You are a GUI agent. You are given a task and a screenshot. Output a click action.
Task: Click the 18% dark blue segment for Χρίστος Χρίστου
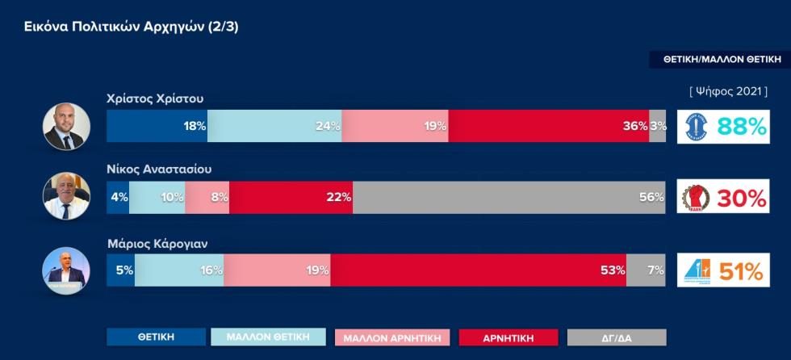[x=157, y=126]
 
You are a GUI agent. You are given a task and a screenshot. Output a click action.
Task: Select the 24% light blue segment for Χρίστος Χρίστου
[x=274, y=126]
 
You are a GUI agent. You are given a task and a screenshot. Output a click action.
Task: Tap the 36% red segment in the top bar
[x=549, y=126]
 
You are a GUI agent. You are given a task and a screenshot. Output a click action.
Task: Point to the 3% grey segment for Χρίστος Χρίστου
[x=658, y=126]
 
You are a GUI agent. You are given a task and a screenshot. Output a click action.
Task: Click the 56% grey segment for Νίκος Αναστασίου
[x=508, y=197]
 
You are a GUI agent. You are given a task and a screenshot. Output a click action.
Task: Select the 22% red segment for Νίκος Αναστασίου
[x=291, y=197]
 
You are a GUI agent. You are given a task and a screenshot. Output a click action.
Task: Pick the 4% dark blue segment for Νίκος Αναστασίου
[x=118, y=197]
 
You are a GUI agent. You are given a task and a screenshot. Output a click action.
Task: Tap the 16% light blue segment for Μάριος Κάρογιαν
[x=179, y=270]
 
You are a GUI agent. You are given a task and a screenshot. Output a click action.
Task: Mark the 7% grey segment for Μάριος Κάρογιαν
[x=647, y=270]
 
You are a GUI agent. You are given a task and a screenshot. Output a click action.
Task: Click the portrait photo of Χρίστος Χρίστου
[x=65, y=126]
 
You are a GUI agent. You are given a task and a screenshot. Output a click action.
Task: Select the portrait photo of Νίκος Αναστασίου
[x=65, y=197]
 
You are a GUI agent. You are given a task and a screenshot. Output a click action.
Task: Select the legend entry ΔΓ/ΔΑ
[x=617, y=337]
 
